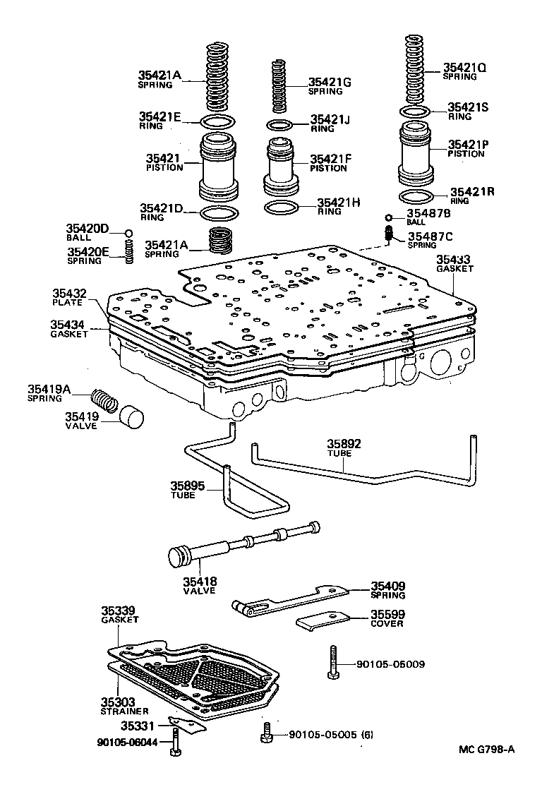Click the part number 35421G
(x=330, y=82)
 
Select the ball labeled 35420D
(x=128, y=233)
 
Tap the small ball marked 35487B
(x=389, y=217)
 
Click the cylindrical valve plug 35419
(x=130, y=416)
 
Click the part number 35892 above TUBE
(x=344, y=444)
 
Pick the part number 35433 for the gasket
(x=452, y=259)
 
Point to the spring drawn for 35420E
(x=129, y=251)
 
